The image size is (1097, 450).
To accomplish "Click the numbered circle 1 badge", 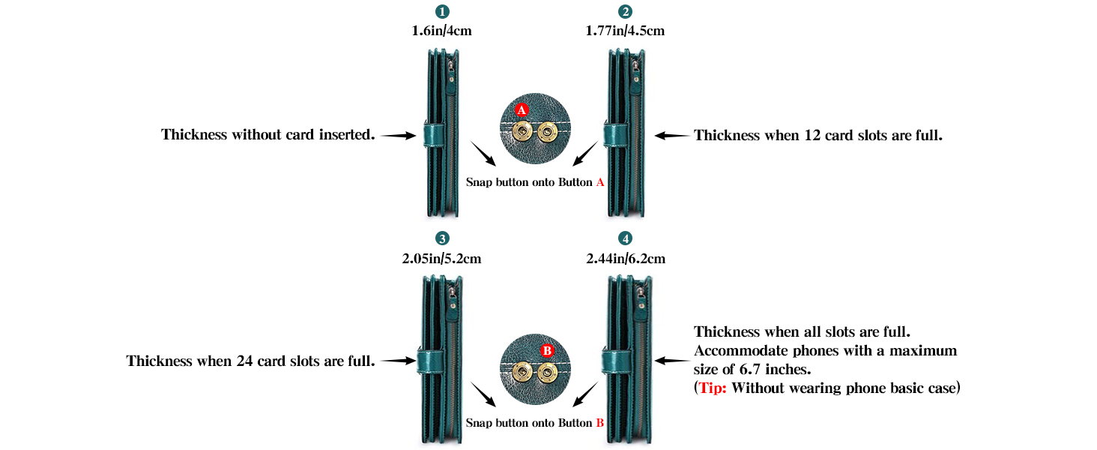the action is click(x=442, y=11).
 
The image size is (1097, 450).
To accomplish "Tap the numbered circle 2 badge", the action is click(x=625, y=11).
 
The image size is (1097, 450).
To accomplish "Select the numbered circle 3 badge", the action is click(x=442, y=238).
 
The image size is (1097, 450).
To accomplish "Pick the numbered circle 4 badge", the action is click(x=625, y=238).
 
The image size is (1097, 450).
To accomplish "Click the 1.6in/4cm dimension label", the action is click(x=442, y=31).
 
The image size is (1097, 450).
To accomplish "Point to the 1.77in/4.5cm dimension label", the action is click(x=626, y=31).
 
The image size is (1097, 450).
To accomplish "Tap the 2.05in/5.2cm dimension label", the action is click(x=442, y=258).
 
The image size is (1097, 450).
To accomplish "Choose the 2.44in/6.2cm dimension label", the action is click(x=626, y=258).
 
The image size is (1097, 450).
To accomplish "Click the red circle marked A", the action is click(x=522, y=109).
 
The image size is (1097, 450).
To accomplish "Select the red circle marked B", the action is click(x=547, y=350).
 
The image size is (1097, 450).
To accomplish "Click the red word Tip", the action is click(x=713, y=388).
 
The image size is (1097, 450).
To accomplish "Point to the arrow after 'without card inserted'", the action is click(x=399, y=136).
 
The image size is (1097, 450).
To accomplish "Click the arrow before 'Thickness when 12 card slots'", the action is click(x=672, y=136).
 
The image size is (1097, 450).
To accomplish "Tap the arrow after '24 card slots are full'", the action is click(x=399, y=361).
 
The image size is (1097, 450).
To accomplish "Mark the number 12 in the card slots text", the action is click(x=812, y=135).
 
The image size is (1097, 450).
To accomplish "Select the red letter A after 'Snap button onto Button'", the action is click(x=600, y=182).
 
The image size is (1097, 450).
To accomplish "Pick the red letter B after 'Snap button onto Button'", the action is click(x=600, y=423).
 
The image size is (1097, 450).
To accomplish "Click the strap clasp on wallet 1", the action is click(x=434, y=135).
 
